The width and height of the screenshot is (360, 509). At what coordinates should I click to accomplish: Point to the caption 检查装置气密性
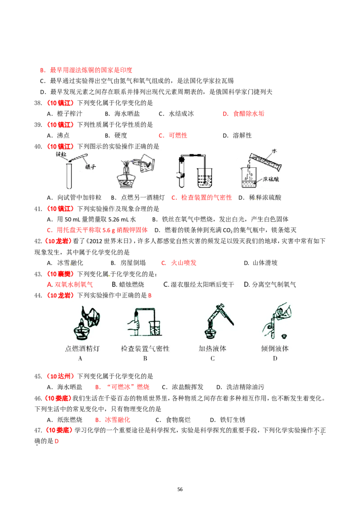pos(145,348)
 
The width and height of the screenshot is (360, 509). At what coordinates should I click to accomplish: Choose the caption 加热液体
pos(212,348)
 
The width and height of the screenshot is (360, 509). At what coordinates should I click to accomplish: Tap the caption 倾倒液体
pos(275,348)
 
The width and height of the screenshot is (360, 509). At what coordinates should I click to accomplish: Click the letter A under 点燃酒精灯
pos(80,358)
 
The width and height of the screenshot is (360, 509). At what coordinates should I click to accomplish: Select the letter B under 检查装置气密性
pos(145,358)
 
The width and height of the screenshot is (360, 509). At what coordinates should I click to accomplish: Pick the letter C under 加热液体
pos(212,358)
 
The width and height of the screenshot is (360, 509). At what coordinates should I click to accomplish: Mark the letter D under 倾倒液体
pos(275,358)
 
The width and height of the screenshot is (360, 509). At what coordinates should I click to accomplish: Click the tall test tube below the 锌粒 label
pos(69,175)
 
